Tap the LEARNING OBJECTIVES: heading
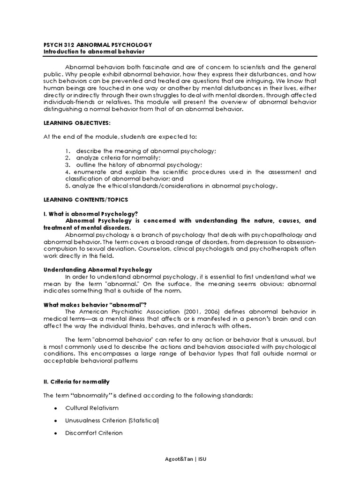[77, 122]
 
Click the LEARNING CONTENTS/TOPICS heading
[86, 200]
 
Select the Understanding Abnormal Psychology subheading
[97, 270]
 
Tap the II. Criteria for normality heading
[76, 382]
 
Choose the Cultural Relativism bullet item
[92, 408]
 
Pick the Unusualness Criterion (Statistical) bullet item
[112, 420]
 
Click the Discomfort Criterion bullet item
[94, 433]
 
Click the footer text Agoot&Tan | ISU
[180, 459]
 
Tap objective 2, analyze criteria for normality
[118, 158]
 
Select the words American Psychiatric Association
[128, 311]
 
